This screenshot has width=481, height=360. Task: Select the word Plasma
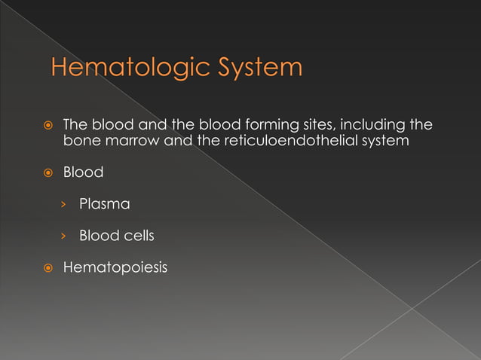click(x=104, y=204)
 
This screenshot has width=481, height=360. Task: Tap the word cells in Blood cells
click(x=138, y=236)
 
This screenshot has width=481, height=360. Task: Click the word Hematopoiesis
click(x=115, y=267)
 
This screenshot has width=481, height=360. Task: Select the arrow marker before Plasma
click(x=66, y=205)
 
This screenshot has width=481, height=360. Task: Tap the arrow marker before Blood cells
click(x=66, y=236)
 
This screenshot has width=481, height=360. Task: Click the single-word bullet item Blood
click(x=83, y=172)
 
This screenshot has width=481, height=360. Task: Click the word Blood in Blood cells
click(x=98, y=236)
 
